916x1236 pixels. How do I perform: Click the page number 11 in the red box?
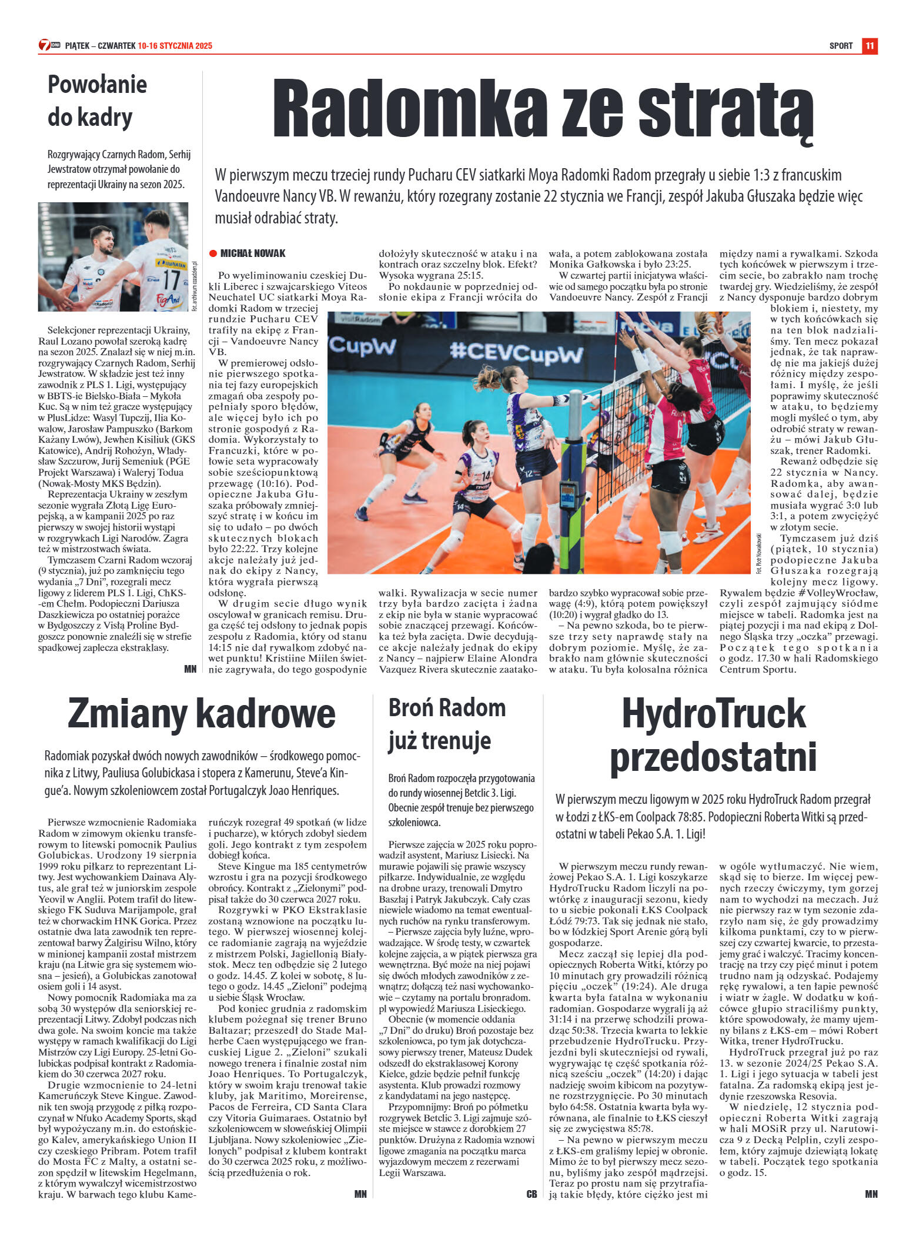tap(870, 46)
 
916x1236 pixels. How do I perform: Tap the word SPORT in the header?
tap(841, 46)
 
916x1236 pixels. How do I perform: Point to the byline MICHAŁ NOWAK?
tap(253, 253)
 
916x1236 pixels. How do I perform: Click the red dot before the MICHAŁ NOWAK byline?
tap(213, 253)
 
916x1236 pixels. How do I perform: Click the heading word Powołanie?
tap(97, 84)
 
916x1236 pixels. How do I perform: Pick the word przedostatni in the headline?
tap(713, 757)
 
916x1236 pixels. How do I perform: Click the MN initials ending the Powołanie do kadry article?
tap(190, 669)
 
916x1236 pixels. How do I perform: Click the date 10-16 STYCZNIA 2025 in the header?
tap(175, 46)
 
